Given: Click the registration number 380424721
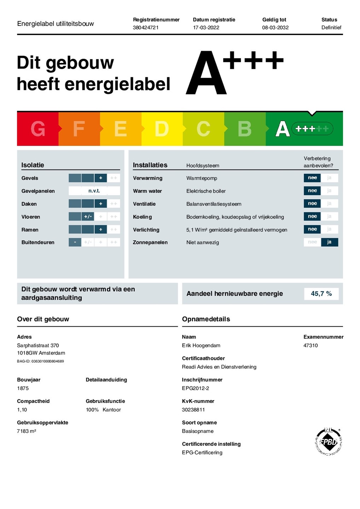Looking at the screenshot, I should pyautogui.click(x=146, y=28).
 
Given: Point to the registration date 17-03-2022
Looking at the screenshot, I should pyautogui.click(x=206, y=28).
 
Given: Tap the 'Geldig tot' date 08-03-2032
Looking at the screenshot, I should pyautogui.click(x=275, y=28).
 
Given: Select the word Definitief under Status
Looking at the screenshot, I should pyautogui.click(x=331, y=28).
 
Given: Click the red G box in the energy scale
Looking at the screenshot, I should pyautogui.click(x=37, y=129).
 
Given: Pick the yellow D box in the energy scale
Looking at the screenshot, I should pyautogui.click(x=162, y=129).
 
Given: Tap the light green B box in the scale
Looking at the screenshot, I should pyautogui.click(x=244, y=129).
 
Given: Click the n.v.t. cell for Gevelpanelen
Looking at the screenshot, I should pyautogui.click(x=94, y=191).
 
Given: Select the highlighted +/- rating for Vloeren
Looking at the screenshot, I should pyautogui.click(x=88, y=217).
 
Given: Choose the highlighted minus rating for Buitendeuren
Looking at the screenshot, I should pyautogui.click(x=75, y=242).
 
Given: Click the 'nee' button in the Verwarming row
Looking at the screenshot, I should pyautogui.click(x=312, y=178).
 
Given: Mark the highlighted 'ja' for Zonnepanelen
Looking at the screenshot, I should pyautogui.click(x=329, y=242).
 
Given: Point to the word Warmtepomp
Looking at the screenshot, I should pyautogui.click(x=202, y=178).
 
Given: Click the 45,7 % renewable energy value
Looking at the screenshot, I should pyautogui.click(x=321, y=294).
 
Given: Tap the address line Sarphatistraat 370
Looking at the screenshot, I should pyautogui.click(x=38, y=345).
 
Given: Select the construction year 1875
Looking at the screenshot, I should pyautogui.click(x=23, y=388).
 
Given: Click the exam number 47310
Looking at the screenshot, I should pyautogui.click(x=310, y=345).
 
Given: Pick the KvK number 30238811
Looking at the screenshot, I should pyautogui.click(x=193, y=410).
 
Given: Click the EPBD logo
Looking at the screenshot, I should pyautogui.click(x=329, y=441).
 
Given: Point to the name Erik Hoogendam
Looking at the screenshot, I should pyautogui.click(x=201, y=345).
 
